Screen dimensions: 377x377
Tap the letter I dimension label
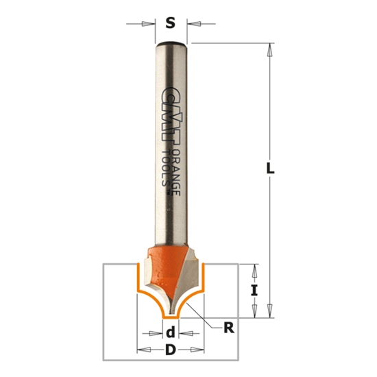[x=254, y=290]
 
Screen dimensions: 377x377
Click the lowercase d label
[x=170, y=334]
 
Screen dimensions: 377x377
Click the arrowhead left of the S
[x=147, y=24]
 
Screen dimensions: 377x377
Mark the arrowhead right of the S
[x=195, y=24]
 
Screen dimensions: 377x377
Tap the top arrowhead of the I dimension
[x=254, y=269]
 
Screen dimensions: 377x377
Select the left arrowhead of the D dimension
[x=143, y=351]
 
